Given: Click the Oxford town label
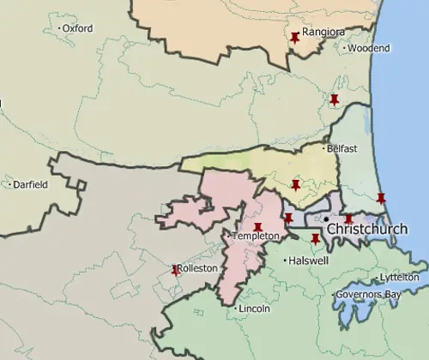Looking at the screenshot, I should click(77, 28).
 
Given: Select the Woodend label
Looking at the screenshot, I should click(369, 49).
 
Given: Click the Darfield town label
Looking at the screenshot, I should click(30, 184).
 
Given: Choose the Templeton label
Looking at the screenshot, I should click(256, 236).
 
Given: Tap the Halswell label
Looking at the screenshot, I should click(309, 261).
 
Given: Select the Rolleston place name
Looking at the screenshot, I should click(197, 268).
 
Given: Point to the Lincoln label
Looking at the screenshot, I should click(255, 309).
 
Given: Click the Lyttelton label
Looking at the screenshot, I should click(400, 278).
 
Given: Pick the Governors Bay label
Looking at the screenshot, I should click(369, 295).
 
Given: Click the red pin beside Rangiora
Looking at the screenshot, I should click(295, 38).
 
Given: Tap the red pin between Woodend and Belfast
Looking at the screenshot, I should click(335, 100).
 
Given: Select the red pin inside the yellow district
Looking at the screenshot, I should click(295, 185).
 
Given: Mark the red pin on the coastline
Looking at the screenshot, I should click(381, 199).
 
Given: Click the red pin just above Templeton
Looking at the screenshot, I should click(257, 227).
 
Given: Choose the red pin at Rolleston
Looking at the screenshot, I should click(176, 269).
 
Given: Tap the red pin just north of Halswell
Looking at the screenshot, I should click(315, 238).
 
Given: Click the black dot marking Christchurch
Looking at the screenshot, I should click(327, 219).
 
